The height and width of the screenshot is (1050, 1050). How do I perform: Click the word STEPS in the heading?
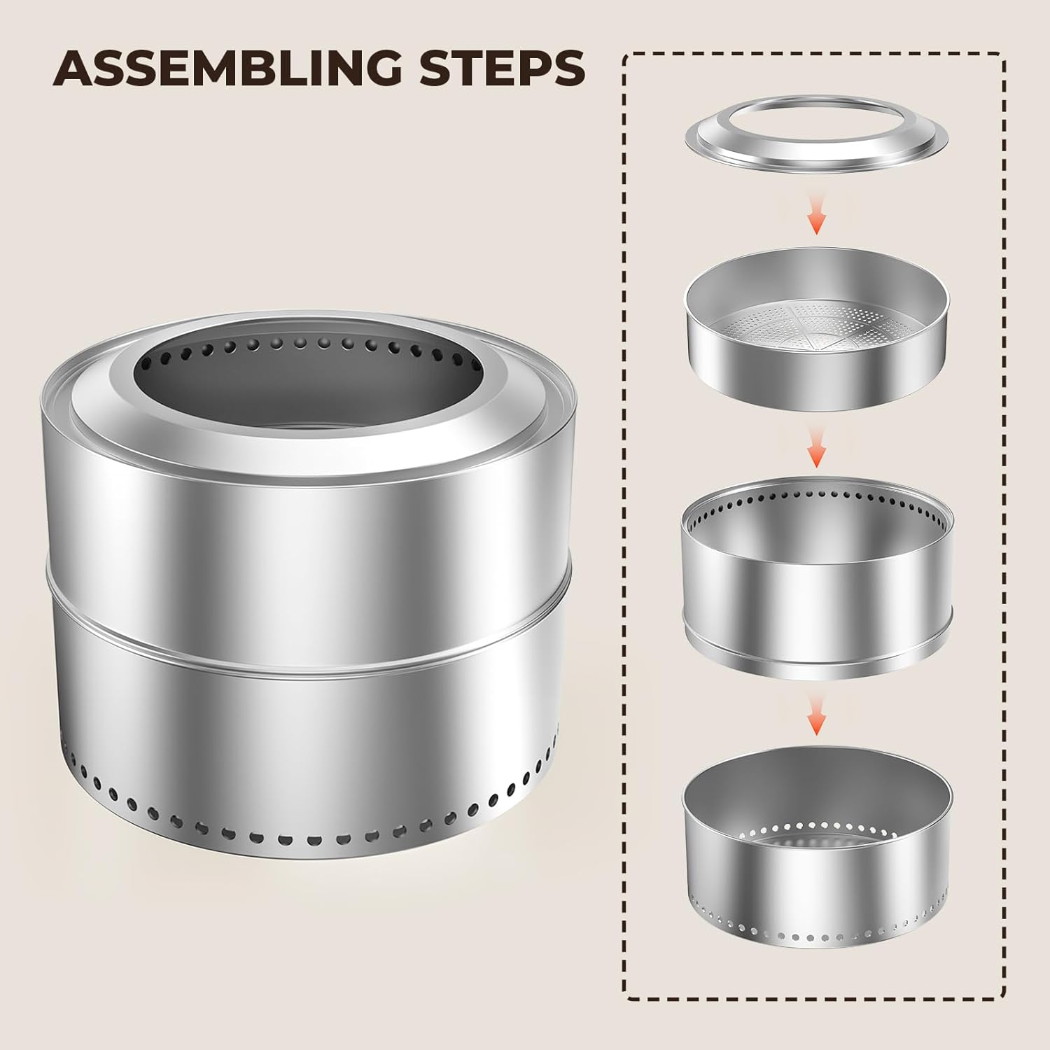(x=501, y=67)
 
